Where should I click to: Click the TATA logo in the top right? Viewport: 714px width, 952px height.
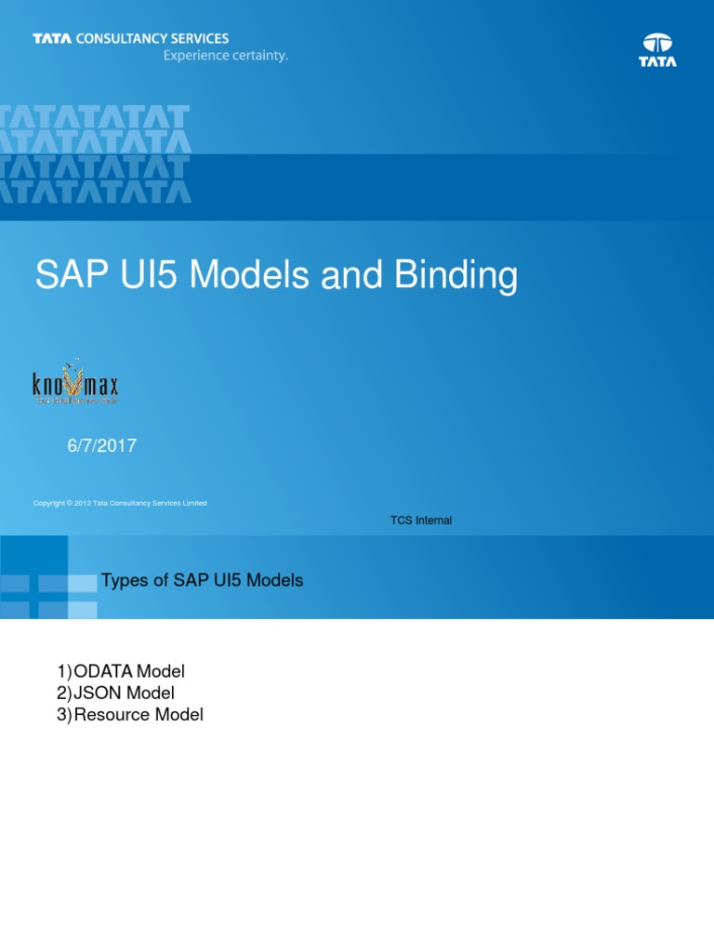657,50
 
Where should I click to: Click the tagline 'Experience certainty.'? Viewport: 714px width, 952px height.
226,56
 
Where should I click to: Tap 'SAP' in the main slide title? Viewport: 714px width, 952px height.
67,276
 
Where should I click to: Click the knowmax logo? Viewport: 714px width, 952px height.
76,382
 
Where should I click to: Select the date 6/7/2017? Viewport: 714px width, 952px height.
101,446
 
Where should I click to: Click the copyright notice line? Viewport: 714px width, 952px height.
120,503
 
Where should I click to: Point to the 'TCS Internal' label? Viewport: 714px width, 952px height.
421,521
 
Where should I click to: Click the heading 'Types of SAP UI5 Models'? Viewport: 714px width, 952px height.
202,580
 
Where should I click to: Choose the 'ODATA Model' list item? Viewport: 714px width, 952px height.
129,671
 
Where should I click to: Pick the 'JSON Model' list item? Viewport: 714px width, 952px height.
124,693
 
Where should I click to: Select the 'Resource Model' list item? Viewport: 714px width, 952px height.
138,715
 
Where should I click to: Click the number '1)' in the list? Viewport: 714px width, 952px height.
63,671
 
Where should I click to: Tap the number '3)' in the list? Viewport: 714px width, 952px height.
63,715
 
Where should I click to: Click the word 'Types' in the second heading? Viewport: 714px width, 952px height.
123,580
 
